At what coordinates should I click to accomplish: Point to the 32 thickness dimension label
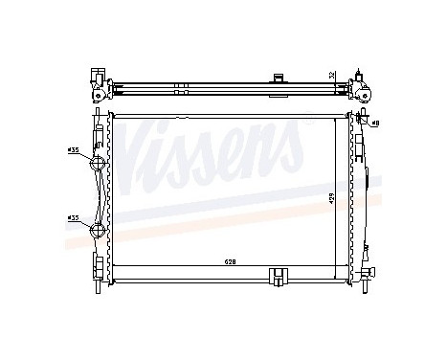click(332, 75)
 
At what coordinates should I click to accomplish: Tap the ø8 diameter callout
click(375, 123)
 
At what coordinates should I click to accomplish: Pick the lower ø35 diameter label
click(74, 218)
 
